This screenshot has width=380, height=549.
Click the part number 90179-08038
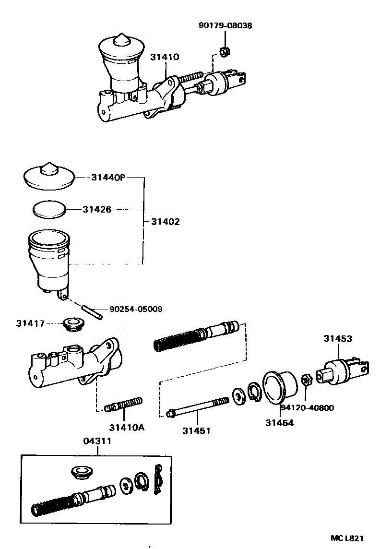225,25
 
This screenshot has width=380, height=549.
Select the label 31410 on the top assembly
164,57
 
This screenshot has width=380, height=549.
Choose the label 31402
165,222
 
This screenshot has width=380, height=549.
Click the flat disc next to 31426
49,210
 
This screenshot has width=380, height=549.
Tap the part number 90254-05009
135,309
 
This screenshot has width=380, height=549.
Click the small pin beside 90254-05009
91,312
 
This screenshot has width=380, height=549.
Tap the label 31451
196,430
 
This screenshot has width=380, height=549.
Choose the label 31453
337,339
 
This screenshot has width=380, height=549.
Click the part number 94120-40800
307,408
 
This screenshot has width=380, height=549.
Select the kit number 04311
97,441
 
